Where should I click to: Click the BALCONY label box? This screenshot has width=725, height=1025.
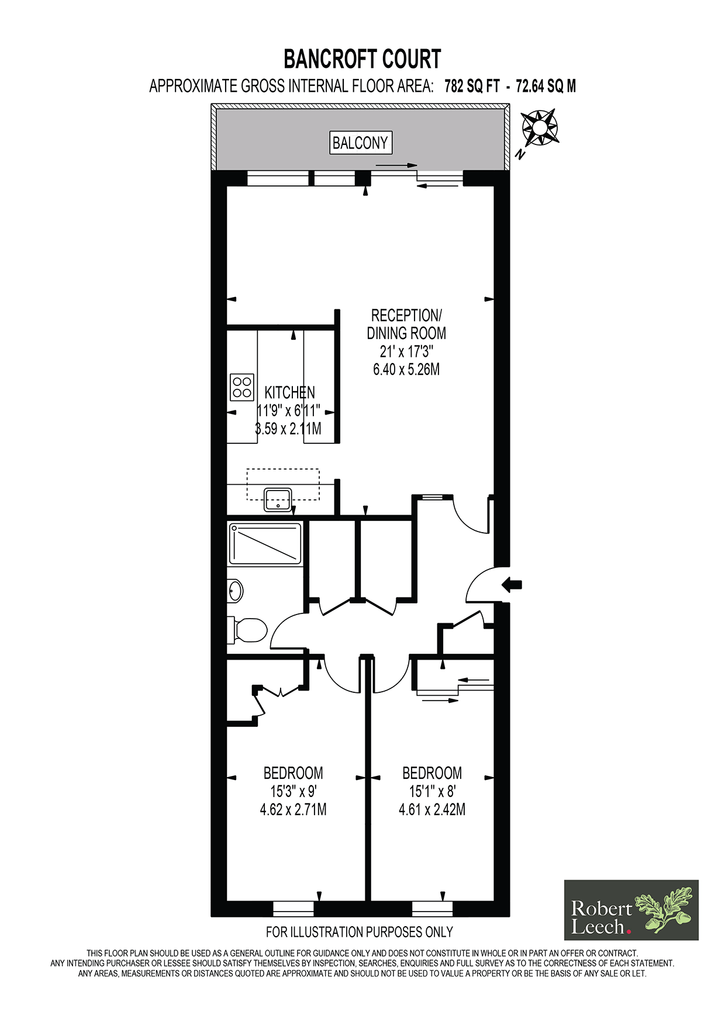360,143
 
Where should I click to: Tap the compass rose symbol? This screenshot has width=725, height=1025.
540,127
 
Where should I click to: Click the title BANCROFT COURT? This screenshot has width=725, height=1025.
362,59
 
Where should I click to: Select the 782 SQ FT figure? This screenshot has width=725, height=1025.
472,87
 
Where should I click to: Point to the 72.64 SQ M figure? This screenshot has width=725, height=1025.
546,87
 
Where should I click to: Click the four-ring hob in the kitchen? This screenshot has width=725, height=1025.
242,387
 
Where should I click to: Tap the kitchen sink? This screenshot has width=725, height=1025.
278,499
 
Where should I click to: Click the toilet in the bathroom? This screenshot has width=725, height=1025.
248,630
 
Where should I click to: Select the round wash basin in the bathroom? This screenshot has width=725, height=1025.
235,591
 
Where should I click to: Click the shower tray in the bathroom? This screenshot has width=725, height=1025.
265,544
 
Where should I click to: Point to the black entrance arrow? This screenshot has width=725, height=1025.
512,584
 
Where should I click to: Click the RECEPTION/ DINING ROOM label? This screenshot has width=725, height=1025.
406,325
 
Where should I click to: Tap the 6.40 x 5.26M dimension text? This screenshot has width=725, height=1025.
406,370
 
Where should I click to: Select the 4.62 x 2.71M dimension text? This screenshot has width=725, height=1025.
293,810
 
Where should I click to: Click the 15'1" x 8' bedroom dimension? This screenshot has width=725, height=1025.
432,792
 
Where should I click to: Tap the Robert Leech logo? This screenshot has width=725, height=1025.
631,910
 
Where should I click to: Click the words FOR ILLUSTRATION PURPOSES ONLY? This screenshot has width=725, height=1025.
360,932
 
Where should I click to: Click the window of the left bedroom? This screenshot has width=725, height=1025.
294,909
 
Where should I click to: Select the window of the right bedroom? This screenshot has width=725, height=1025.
433,909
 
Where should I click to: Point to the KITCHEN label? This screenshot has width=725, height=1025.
290,392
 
